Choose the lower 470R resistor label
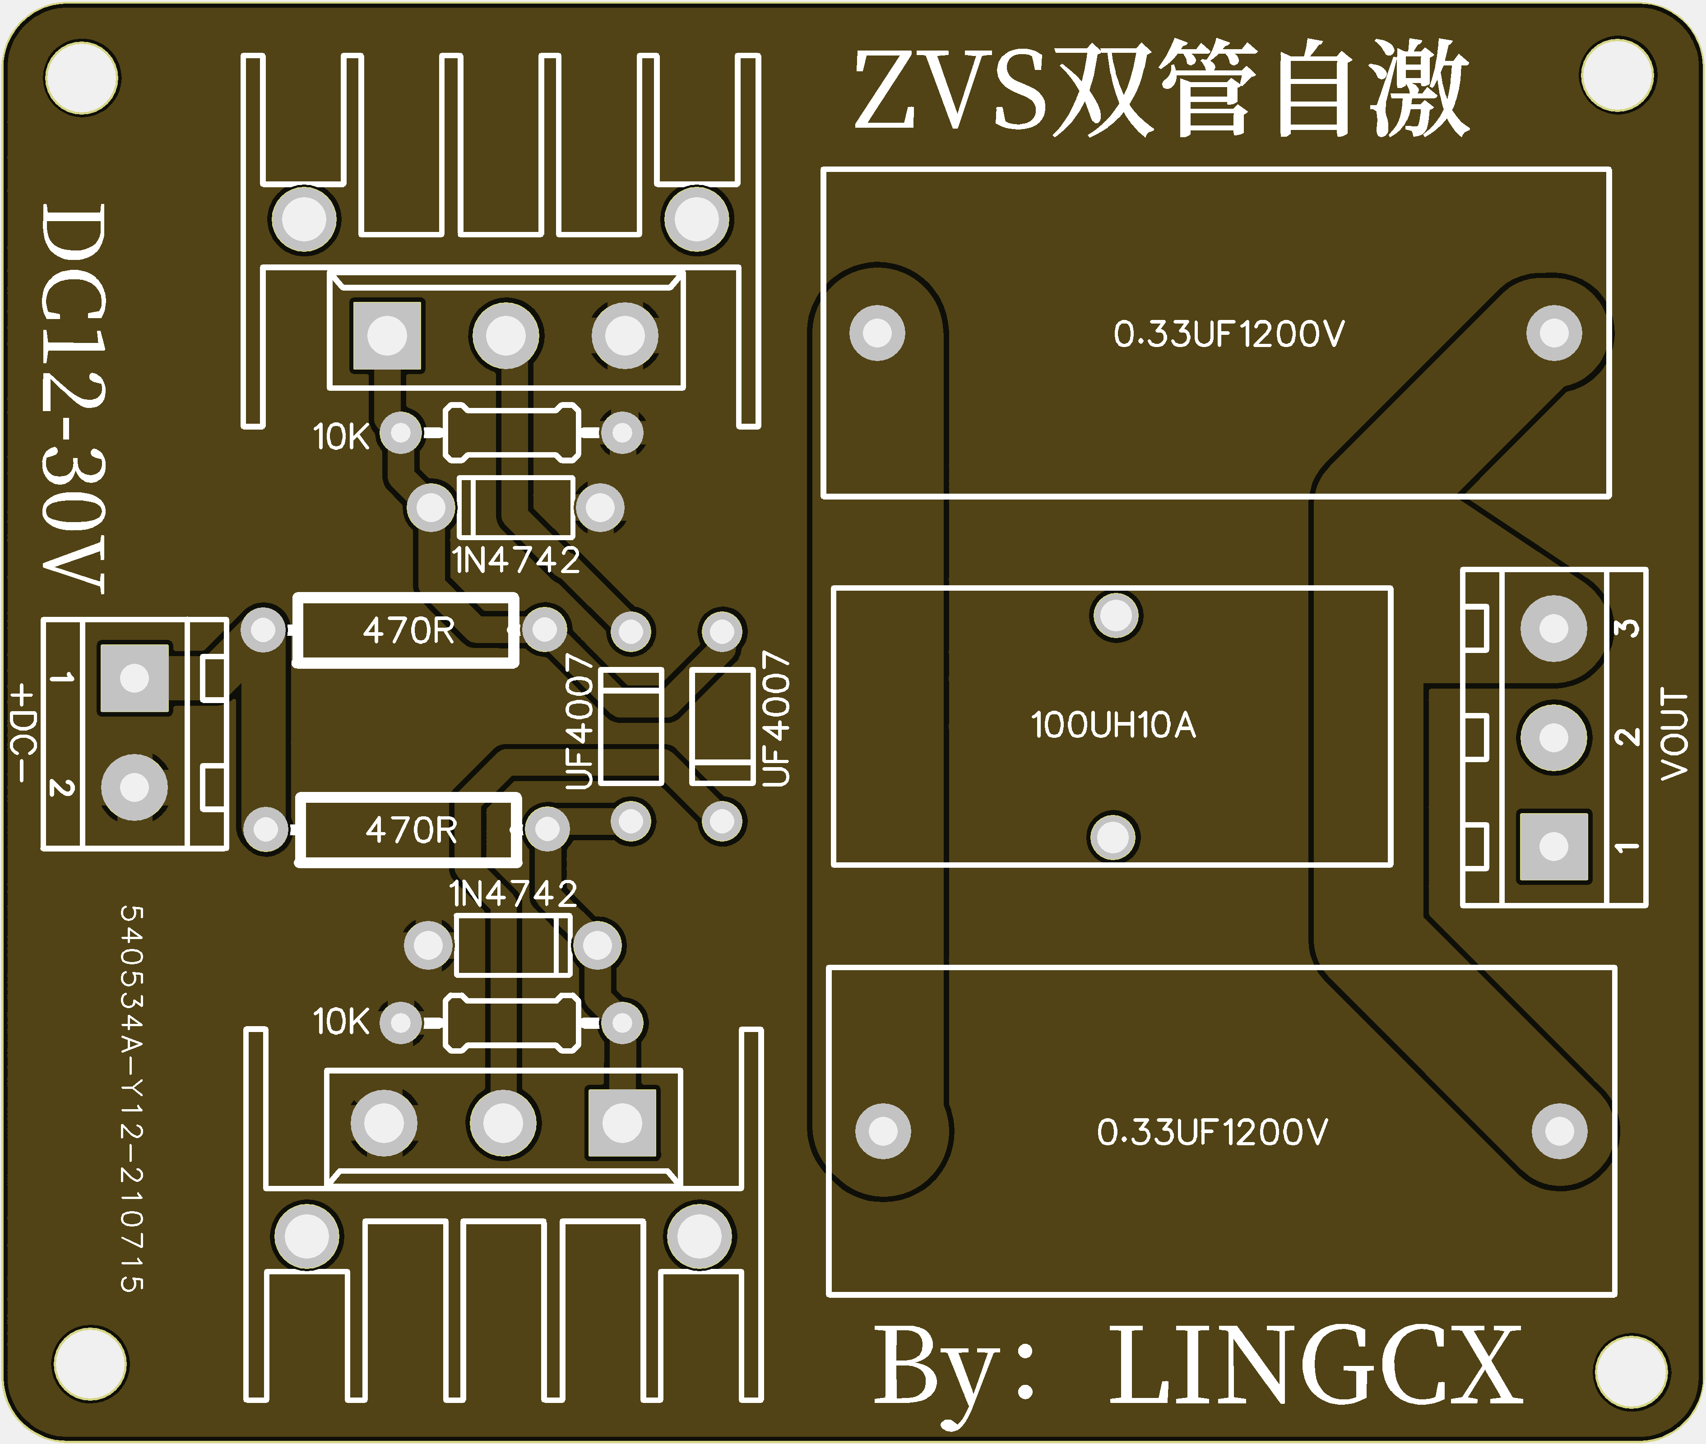click(x=411, y=830)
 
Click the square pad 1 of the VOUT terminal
click(x=1553, y=847)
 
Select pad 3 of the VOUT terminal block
click(x=1553, y=629)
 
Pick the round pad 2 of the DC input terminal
click(x=134, y=787)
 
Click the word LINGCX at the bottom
click(x=1316, y=1366)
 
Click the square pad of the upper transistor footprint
click(x=387, y=336)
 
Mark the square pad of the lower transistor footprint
click(x=622, y=1123)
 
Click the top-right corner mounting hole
click(x=1618, y=75)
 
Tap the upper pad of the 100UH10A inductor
click(x=1116, y=616)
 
